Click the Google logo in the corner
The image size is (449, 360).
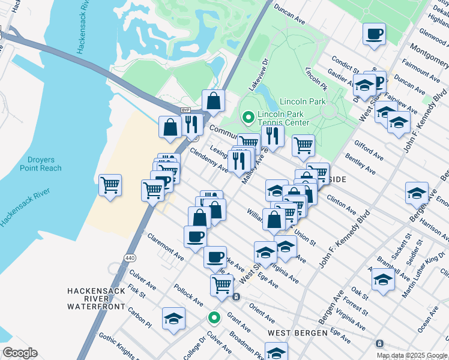coord(20,353)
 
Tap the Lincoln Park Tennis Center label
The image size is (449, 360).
coord(283,118)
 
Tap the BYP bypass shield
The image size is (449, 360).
coord(185,110)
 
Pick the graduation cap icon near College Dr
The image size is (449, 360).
coord(173,318)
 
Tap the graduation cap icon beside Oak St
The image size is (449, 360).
coord(383,280)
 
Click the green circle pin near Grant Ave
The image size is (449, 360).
coord(213,318)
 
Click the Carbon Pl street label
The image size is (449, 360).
coord(140,319)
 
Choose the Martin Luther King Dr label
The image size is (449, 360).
coord(426,274)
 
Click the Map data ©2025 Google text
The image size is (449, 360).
coord(412,355)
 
